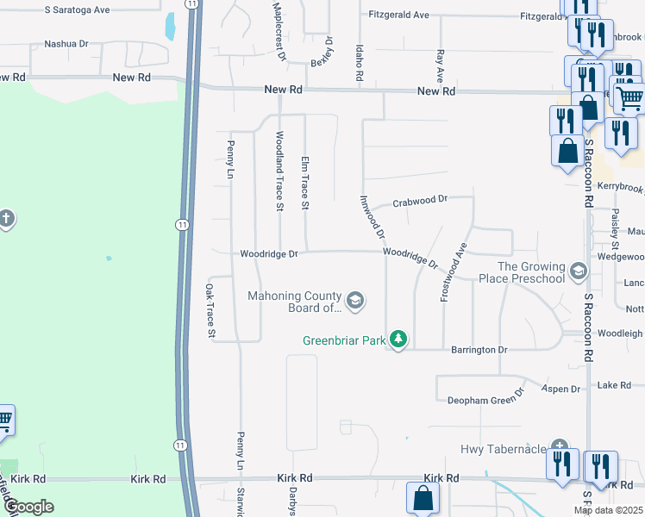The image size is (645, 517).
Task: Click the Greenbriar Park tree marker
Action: pyautogui.click(x=398, y=339)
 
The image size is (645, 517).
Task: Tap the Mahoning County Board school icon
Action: pyautogui.click(x=355, y=301)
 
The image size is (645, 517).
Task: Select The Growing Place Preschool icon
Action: pyautogui.click(x=578, y=271)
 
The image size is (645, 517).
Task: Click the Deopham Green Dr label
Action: pyautogui.click(x=485, y=400)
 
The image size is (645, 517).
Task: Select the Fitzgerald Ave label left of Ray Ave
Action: pyautogui.click(x=398, y=16)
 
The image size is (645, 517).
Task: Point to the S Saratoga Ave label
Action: pyautogui.click(x=78, y=9)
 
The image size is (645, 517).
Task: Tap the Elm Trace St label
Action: pyautogui.click(x=304, y=184)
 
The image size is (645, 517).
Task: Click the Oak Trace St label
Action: pyautogui.click(x=210, y=310)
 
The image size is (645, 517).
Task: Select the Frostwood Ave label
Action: pyautogui.click(x=454, y=271)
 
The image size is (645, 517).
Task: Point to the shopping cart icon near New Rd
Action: pyautogui.click(x=629, y=100)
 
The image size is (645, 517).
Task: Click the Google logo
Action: pyautogui.click(x=28, y=507)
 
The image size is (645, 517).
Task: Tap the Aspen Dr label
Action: pyautogui.click(x=560, y=389)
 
